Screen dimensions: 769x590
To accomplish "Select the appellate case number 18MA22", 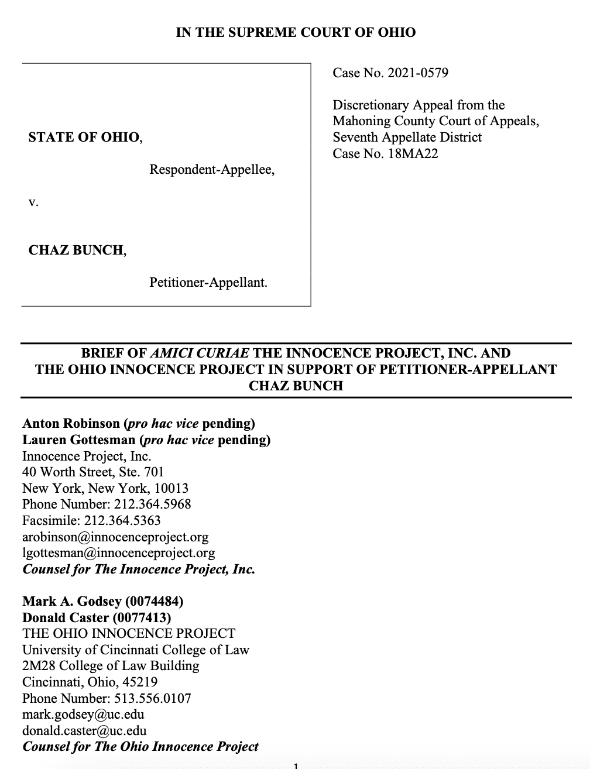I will (413, 153).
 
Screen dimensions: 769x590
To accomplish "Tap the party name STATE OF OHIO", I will (84, 138).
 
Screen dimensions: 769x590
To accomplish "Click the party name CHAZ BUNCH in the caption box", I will (76, 250).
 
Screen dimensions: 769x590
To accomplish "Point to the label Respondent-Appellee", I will (211, 170).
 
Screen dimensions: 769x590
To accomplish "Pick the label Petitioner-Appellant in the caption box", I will (208, 283).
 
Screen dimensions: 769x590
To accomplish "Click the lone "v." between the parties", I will (33, 202).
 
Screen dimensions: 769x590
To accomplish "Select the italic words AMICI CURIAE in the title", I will (200, 353).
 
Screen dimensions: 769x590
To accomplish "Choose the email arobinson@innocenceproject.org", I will (115, 537).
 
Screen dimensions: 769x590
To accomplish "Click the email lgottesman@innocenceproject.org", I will (118, 552).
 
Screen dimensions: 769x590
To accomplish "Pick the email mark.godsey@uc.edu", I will (83, 715).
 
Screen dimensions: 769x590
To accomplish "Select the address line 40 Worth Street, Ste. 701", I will (93, 472).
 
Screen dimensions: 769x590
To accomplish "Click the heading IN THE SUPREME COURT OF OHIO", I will (296, 33).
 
